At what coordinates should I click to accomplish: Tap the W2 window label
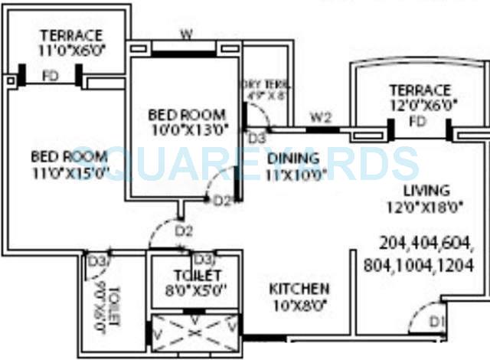coord(322,118)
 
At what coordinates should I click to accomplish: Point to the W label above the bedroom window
coord(185,34)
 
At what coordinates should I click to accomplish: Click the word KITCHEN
coord(299,289)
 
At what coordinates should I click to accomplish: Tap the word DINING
coord(294,159)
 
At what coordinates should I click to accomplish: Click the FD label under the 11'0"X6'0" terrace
coord(51,77)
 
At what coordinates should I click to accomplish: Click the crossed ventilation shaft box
coord(195,332)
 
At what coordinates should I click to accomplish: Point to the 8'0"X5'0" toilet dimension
coord(196,290)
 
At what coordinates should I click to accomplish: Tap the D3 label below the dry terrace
coord(256,138)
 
